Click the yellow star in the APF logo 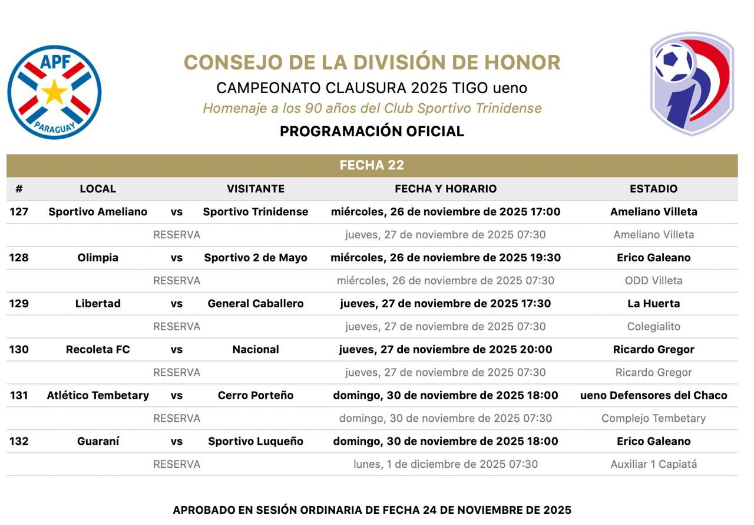coord(54,93)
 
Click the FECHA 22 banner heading coord(372,165)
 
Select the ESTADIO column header coord(653,189)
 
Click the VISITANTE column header coord(255,189)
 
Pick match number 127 coord(19,212)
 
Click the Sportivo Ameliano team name coord(98,212)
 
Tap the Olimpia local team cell coord(98,258)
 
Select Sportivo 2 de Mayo coord(255,258)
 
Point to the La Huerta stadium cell coord(653,304)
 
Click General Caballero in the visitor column coord(255,304)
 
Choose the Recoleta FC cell coord(98,350)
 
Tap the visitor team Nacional coord(255,350)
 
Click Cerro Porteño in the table coord(255,396)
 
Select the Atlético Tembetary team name coord(98,396)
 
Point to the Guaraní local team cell coord(98,442)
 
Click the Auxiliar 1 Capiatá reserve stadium coord(653,464)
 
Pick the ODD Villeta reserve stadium coord(653,281)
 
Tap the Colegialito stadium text coord(653,327)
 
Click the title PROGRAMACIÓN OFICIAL coord(372,132)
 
